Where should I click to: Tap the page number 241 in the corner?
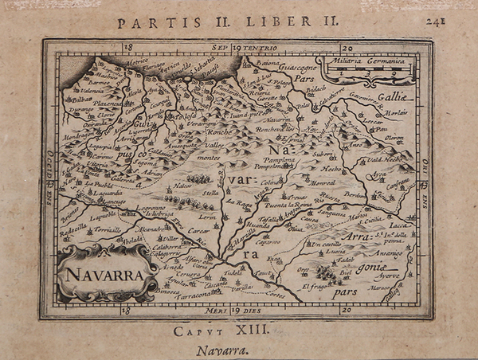pyautogui.click(x=456, y=22)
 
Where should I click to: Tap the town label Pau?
pyautogui.click(x=382, y=129)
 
